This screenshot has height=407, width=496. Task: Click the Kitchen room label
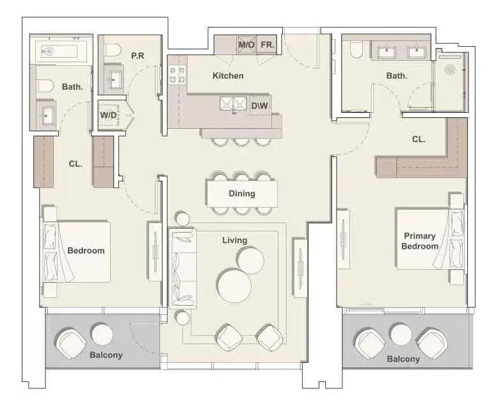tap(228, 76)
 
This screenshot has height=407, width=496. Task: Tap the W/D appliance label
tap(109, 115)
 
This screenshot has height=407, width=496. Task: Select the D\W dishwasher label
tap(259, 106)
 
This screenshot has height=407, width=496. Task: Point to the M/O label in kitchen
tap(246, 45)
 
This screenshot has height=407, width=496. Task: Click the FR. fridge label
tap(268, 45)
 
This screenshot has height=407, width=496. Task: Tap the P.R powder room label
tap(138, 56)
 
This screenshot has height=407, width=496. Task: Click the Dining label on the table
tap(242, 194)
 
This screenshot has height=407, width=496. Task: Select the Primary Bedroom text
tap(420, 241)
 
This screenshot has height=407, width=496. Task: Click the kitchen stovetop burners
tap(177, 75)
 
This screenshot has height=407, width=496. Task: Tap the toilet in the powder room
tap(113, 51)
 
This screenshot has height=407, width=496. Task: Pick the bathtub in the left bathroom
tap(61, 51)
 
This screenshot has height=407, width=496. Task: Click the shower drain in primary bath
tap(450, 70)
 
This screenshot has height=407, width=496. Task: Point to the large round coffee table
tap(234, 285)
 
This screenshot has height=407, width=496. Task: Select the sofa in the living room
tap(182, 268)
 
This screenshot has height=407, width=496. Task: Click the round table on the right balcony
tap(401, 334)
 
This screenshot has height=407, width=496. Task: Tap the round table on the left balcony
tap(102, 334)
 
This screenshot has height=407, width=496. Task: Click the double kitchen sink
tap(234, 103)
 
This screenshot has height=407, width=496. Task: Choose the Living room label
tap(235, 240)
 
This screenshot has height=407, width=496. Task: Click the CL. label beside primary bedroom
tap(419, 139)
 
